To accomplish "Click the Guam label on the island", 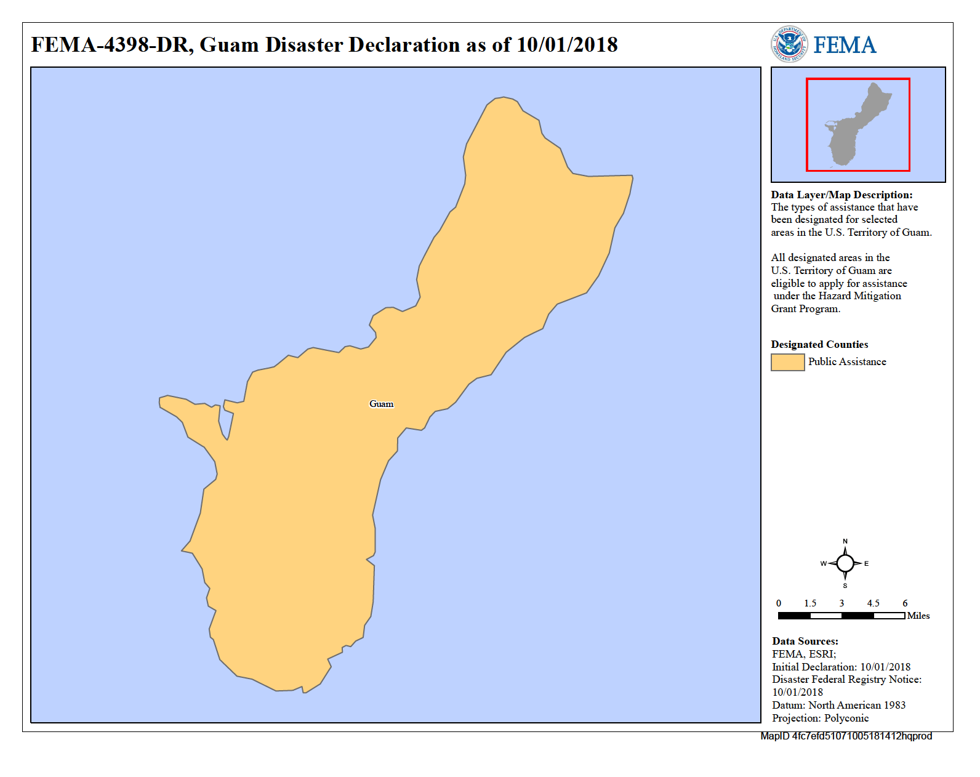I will (381, 404).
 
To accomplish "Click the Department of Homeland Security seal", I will (789, 44).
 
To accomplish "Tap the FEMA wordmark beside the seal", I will (845, 45).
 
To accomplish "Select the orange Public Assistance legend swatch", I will (787, 362).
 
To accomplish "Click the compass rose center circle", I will (845, 563).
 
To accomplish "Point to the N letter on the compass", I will (845, 541).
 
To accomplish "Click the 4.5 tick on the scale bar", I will (873, 603).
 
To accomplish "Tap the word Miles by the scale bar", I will (918, 616).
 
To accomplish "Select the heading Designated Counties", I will (819, 344).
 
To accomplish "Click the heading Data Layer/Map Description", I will (841, 195).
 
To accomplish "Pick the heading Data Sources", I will (805, 641).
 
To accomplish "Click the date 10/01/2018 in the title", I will (567, 44).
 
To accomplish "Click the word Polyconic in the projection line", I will (846, 718).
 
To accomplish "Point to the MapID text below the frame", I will (846, 736).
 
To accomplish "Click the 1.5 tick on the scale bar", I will (810, 603).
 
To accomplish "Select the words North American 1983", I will (856, 705).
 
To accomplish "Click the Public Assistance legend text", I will (847, 361).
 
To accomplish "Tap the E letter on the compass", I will (866, 563).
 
